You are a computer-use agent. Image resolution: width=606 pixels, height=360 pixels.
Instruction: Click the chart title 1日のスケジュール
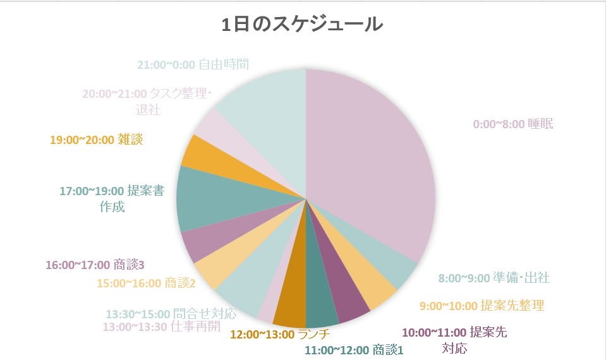click(x=302, y=25)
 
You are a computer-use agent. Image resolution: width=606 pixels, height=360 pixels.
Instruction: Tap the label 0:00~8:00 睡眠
click(x=512, y=124)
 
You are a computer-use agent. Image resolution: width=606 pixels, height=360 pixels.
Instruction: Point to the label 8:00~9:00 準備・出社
click(x=494, y=278)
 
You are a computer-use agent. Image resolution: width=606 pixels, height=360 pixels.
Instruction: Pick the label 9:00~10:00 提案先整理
click(x=482, y=306)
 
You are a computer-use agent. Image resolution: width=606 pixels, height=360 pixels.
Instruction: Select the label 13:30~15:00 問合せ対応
click(x=171, y=313)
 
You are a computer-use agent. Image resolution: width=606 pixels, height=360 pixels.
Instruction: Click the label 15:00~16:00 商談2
click(x=146, y=283)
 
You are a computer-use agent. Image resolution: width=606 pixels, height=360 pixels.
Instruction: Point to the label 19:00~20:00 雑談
click(x=96, y=139)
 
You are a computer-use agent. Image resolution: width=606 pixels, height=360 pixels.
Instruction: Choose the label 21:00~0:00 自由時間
click(x=193, y=64)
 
